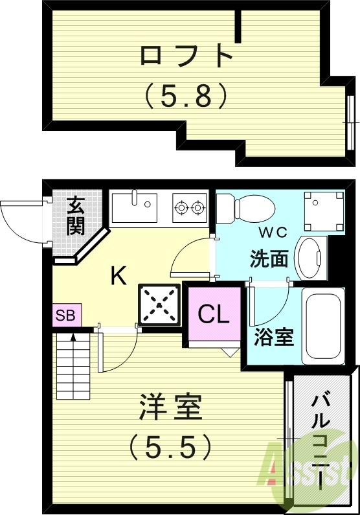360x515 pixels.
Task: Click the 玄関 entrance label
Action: [x=76, y=216]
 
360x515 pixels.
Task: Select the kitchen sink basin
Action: [x=134, y=207]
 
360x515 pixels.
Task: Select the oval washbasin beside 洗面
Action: [x=310, y=258]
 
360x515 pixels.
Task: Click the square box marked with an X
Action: [x=157, y=303]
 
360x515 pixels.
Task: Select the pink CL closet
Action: [x=214, y=315]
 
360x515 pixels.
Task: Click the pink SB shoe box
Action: [x=65, y=316]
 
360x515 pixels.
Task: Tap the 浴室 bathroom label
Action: [x=274, y=338]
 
